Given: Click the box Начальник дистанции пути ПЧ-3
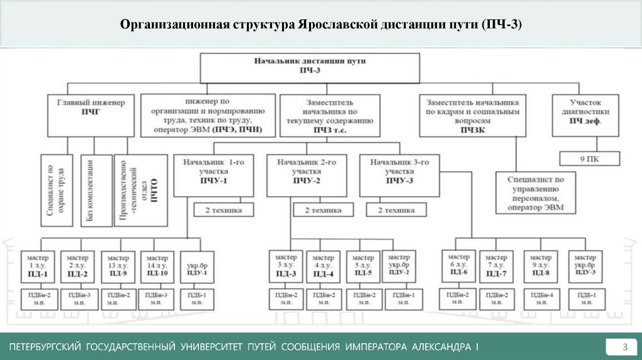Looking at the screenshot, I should click(310, 67).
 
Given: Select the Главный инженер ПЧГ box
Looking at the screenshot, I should click(91, 114).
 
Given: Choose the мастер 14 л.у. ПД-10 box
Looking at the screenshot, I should click(155, 266).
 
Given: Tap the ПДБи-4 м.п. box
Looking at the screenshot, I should click(541, 299).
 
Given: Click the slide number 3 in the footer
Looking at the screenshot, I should click(624, 347).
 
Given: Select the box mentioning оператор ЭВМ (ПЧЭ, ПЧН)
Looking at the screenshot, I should click(208, 114).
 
